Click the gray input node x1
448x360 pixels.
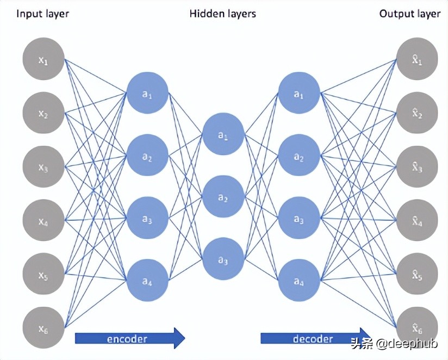point(43,60)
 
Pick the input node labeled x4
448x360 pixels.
point(43,221)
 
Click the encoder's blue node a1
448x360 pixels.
point(147,93)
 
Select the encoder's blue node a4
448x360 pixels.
point(147,280)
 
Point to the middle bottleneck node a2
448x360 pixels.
point(223,197)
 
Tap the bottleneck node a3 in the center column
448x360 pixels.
point(223,259)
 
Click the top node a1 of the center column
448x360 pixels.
point(223,134)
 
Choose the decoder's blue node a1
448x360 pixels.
point(298,93)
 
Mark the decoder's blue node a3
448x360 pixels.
point(298,219)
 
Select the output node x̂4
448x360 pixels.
point(417,220)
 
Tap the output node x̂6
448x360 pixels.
point(417,327)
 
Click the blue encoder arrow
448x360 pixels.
point(130,338)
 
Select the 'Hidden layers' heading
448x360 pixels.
point(222,14)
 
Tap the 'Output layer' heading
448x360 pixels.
point(409,14)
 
